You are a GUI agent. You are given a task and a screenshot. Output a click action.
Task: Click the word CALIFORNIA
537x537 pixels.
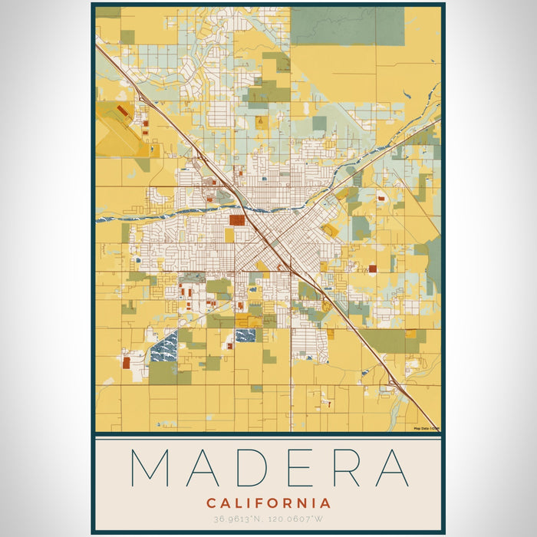(x=268, y=504)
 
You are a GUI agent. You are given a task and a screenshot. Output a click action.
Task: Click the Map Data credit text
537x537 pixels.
(x=427, y=429)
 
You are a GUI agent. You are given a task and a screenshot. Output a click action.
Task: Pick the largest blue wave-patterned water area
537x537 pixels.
(x=163, y=347)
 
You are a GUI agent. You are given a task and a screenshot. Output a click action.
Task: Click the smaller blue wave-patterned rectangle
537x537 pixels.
(x=245, y=335)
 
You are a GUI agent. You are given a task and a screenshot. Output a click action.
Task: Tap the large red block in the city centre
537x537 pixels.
(x=236, y=220)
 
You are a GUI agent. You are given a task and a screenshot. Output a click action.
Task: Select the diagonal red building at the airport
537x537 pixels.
(x=123, y=112)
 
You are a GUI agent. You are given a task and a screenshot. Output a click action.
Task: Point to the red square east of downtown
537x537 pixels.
(x=373, y=268)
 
